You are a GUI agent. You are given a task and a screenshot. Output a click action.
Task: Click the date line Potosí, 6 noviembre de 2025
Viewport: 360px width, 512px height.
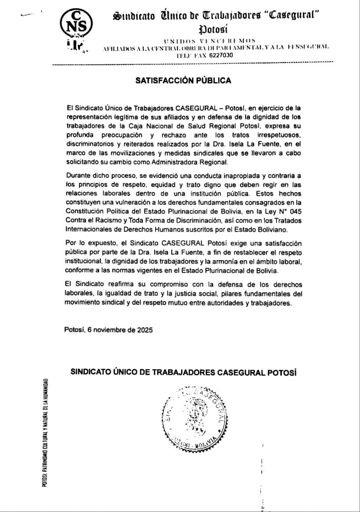click(108, 329)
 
